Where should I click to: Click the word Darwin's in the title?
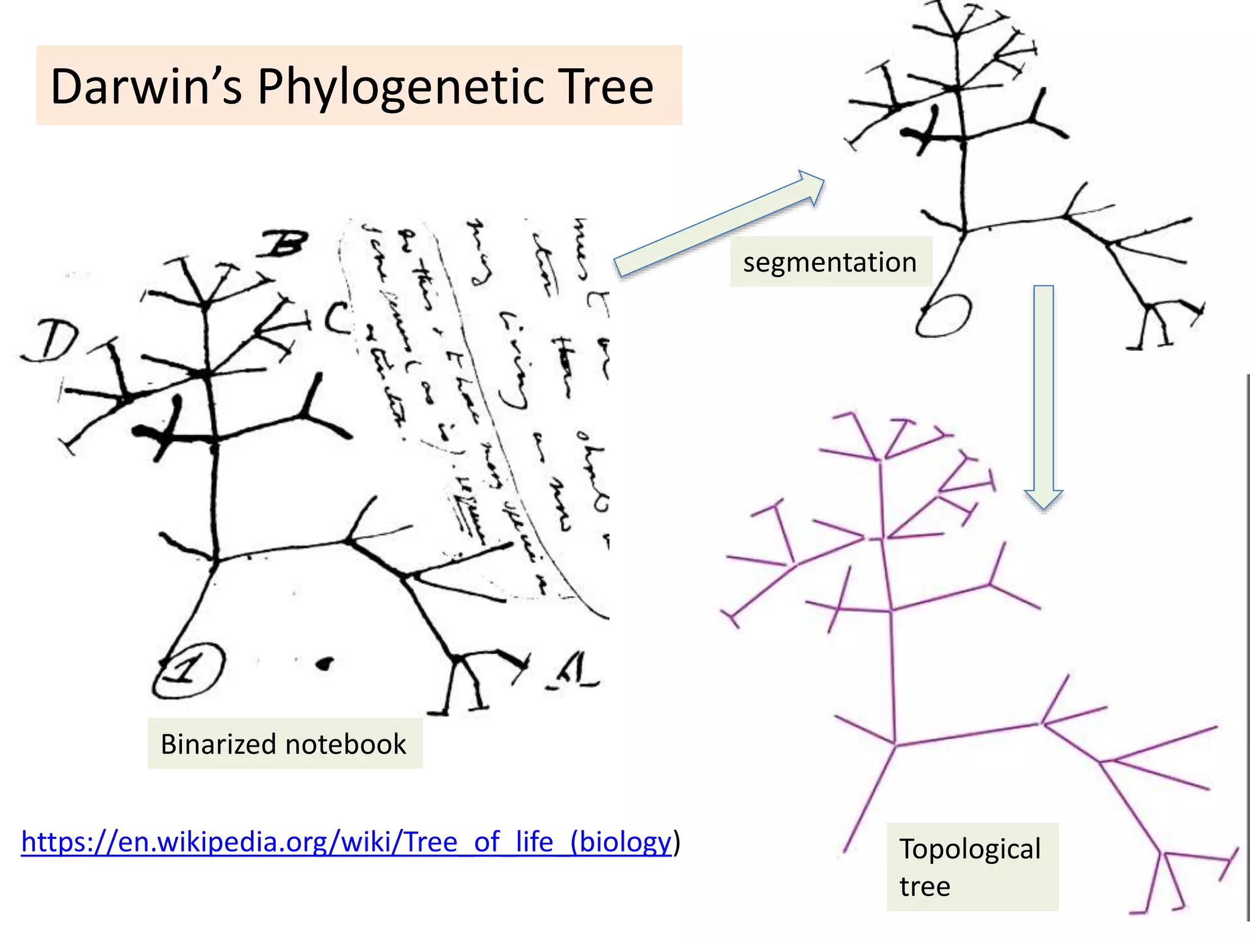[x=146, y=87]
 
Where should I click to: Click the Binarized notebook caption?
[x=284, y=744]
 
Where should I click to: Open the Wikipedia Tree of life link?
[x=346, y=842]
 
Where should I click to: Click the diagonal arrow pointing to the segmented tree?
[x=720, y=223]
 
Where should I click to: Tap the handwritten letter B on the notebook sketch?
[x=282, y=245]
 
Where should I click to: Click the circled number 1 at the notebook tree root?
[x=189, y=670]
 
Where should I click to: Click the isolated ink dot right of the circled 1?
[x=325, y=663]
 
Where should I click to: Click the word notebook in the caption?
[x=345, y=744]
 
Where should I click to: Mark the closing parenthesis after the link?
[x=676, y=842]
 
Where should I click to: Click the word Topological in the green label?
[x=970, y=849]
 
